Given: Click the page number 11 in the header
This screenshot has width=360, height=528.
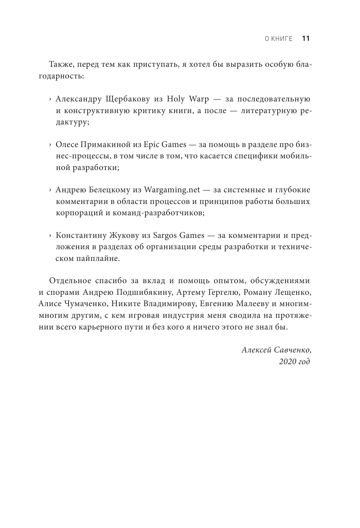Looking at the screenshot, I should pyautogui.click(x=306, y=39).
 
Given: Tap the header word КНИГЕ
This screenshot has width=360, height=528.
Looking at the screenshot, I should pyautogui.click(x=282, y=39).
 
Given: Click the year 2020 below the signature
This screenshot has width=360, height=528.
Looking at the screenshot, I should pyautogui.click(x=286, y=361).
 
